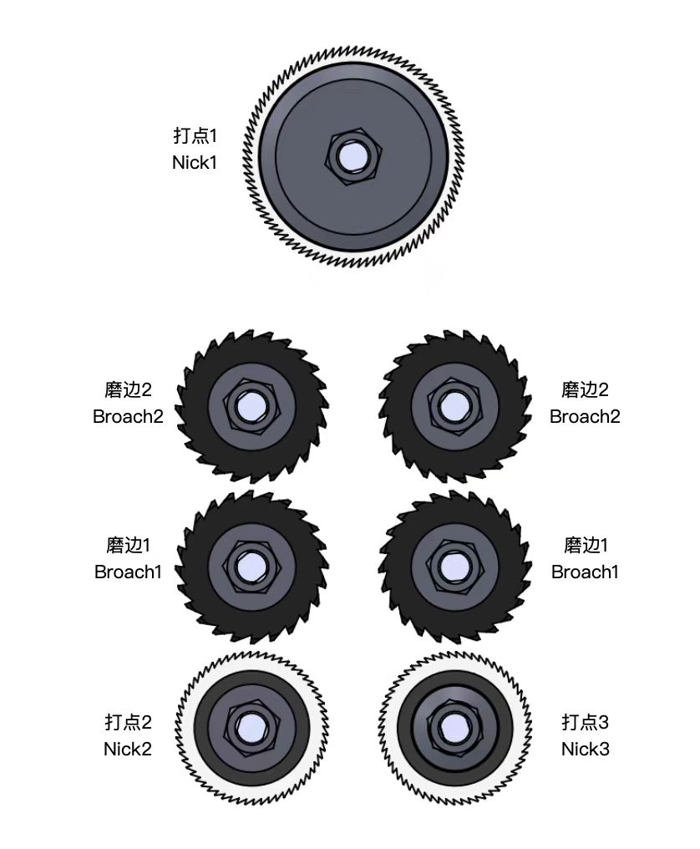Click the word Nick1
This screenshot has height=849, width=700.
click(195, 162)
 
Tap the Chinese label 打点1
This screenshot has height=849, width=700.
click(195, 135)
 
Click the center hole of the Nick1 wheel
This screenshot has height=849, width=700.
click(353, 157)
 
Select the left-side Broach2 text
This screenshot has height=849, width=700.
click(128, 416)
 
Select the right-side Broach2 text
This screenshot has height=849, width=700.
click(585, 416)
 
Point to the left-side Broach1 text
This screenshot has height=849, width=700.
click(128, 572)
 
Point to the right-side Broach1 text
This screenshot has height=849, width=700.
click(585, 572)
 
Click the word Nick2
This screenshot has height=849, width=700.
click(127, 749)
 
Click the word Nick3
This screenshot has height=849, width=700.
click(586, 749)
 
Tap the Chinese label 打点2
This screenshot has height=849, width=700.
click(129, 722)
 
